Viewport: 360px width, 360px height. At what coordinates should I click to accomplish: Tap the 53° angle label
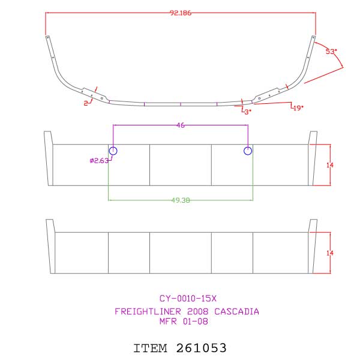pyautogui.click(x=330, y=52)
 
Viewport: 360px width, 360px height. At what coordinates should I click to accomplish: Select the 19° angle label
pyautogui.click(x=297, y=107)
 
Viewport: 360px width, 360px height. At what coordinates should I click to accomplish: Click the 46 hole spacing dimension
pyautogui.click(x=181, y=125)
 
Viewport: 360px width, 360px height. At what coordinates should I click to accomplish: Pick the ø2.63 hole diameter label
pyautogui.click(x=98, y=160)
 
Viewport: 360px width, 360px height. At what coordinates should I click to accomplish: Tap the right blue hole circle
pyautogui.click(x=248, y=151)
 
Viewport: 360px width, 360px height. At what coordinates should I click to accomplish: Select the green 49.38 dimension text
pyautogui.click(x=181, y=200)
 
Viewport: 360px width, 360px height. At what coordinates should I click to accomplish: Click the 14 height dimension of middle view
pyautogui.click(x=329, y=164)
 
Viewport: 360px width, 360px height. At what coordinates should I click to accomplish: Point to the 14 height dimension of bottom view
pyautogui.click(x=329, y=253)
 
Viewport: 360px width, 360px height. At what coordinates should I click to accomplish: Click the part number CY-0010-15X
pyautogui.click(x=187, y=298)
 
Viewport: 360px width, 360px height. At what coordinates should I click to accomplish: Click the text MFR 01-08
pyautogui.click(x=187, y=322)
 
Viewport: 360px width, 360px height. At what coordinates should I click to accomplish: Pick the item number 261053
pyautogui.click(x=202, y=347)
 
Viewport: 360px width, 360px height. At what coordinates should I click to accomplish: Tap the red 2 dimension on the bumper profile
pyautogui.click(x=86, y=103)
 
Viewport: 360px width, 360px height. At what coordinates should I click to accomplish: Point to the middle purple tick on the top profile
pyautogui.click(x=181, y=104)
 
